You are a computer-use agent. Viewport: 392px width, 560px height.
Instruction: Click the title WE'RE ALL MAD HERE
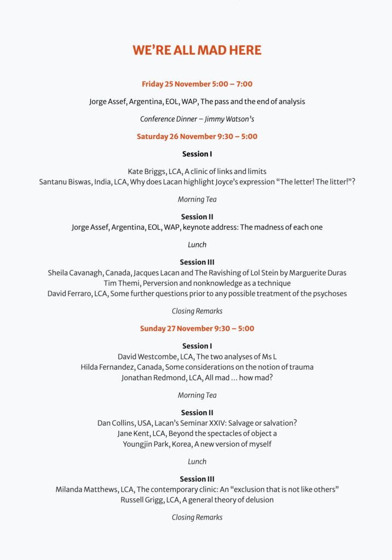[x=197, y=50]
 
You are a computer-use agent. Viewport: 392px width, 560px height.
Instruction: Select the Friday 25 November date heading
[x=197, y=84]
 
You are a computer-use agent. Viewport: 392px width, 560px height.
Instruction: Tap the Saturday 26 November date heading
[x=197, y=136]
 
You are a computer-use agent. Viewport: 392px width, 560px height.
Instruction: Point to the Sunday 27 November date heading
[x=197, y=329]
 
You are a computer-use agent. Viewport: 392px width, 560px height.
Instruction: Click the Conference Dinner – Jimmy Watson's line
[x=197, y=119]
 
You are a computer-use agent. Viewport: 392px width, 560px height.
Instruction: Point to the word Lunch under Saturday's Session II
[x=197, y=245]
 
